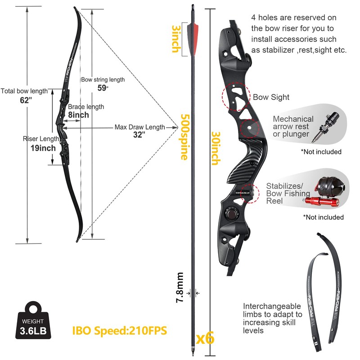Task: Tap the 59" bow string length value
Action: click(103, 88)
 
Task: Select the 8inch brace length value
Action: click(79, 115)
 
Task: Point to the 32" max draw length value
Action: click(139, 135)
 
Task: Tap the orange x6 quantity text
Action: click(205, 337)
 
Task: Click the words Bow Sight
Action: click(271, 97)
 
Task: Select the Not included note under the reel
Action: click(323, 217)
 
